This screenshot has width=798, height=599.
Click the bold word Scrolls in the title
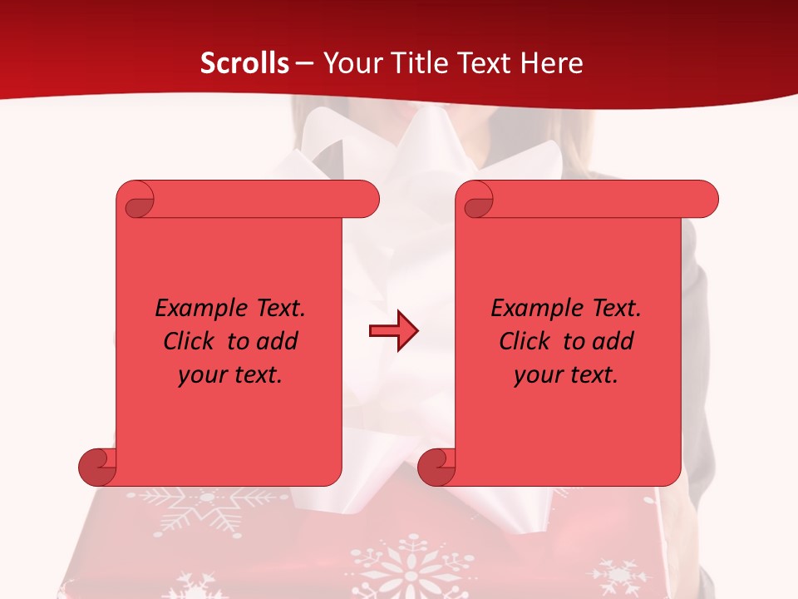[x=245, y=63]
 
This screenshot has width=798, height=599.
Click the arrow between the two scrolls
[x=393, y=331]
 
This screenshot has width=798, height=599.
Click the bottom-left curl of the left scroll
[x=98, y=468]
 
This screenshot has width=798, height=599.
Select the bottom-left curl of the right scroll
[x=437, y=468]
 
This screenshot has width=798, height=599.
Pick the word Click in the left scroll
[x=188, y=341]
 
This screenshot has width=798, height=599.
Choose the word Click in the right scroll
[x=524, y=341]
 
